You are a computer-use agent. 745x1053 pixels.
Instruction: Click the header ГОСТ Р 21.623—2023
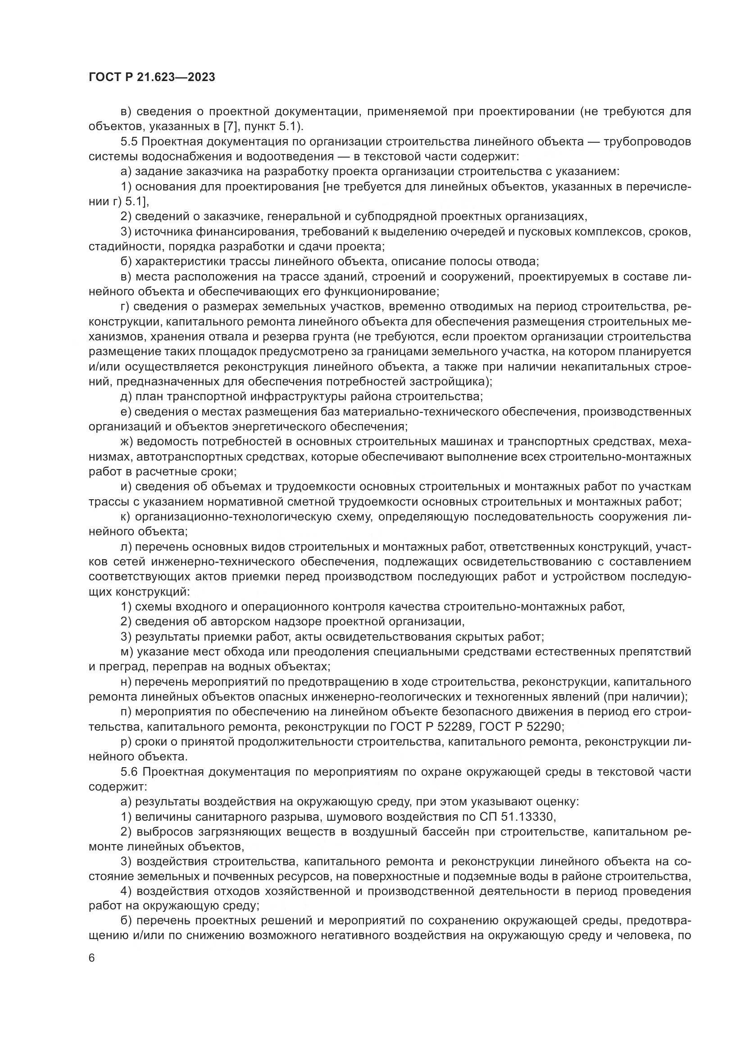point(152,77)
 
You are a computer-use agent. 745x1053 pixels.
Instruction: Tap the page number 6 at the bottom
point(92,958)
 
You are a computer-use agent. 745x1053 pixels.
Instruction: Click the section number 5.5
point(129,141)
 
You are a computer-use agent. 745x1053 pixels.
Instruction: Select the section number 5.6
point(129,772)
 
